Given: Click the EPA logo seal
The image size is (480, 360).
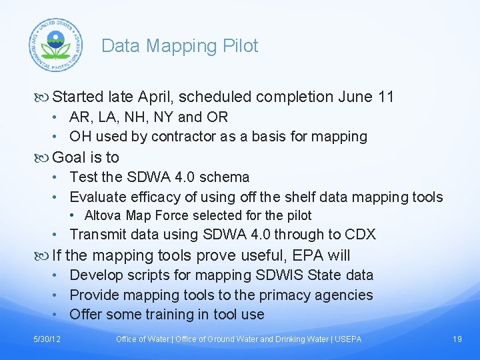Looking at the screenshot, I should pyautogui.click(x=55, y=45).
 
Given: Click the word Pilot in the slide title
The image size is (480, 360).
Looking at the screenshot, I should pyautogui.click(x=241, y=46).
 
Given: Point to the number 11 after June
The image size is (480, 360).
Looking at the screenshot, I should pyautogui.click(x=385, y=97).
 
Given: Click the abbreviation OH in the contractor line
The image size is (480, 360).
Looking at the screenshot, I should pyautogui.click(x=81, y=137).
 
